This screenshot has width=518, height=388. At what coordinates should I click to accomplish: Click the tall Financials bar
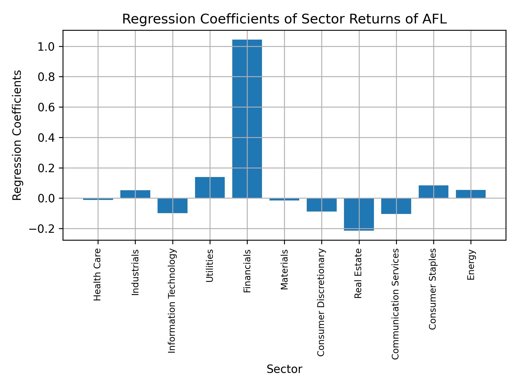(247, 119)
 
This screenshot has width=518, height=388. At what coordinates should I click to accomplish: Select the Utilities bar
(210, 188)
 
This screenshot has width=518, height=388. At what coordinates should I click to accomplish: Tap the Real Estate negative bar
(359, 214)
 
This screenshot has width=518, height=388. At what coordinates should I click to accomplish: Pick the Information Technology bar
(172, 206)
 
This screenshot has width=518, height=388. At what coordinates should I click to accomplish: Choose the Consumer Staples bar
(433, 192)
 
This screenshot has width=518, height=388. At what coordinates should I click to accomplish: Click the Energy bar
(471, 194)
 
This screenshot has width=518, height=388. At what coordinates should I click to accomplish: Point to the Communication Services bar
(396, 206)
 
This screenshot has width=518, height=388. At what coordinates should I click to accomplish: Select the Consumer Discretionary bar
(322, 205)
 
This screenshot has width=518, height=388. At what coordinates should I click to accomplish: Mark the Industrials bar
(135, 194)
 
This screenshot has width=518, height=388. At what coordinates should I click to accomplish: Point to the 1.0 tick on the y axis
(46, 47)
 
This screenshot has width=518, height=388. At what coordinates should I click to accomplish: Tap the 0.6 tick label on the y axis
(46, 108)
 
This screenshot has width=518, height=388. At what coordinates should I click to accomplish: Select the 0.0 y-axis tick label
(46, 199)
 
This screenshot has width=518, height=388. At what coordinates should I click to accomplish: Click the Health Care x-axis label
(97, 274)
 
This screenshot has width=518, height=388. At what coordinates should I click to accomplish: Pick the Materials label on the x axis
(284, 269)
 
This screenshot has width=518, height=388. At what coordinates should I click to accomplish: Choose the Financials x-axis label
(247, 271)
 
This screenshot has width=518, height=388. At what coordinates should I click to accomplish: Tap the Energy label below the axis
(471, 265)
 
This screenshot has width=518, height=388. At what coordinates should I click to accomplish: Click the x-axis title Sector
(284, 369)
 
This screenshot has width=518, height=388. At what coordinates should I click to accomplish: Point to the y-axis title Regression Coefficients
(17, 135)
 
